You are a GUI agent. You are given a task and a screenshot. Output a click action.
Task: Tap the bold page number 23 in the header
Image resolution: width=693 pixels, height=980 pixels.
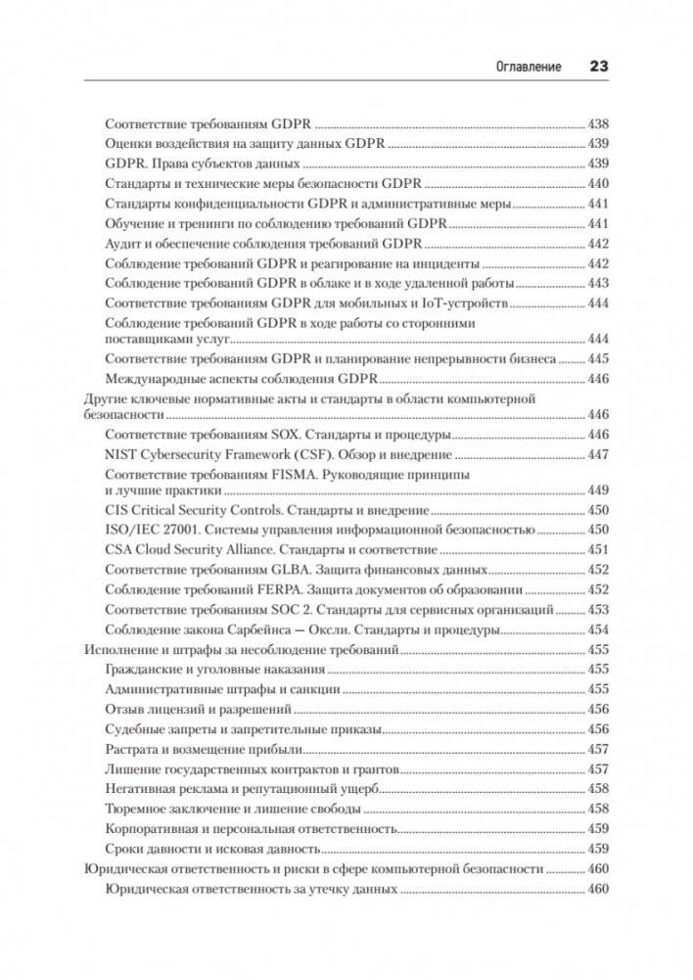point(598,67)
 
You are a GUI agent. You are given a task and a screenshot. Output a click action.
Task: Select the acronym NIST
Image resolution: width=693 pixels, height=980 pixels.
point(120,454)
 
